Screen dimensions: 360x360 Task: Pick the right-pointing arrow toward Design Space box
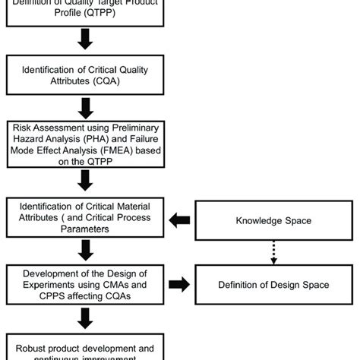pos(179,284)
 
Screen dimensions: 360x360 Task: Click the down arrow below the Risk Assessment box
pos(85,181)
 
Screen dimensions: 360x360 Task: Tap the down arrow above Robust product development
pos(85,316)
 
